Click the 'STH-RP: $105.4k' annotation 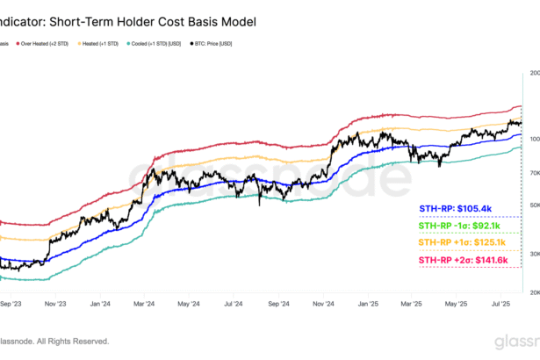(455, 208)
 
